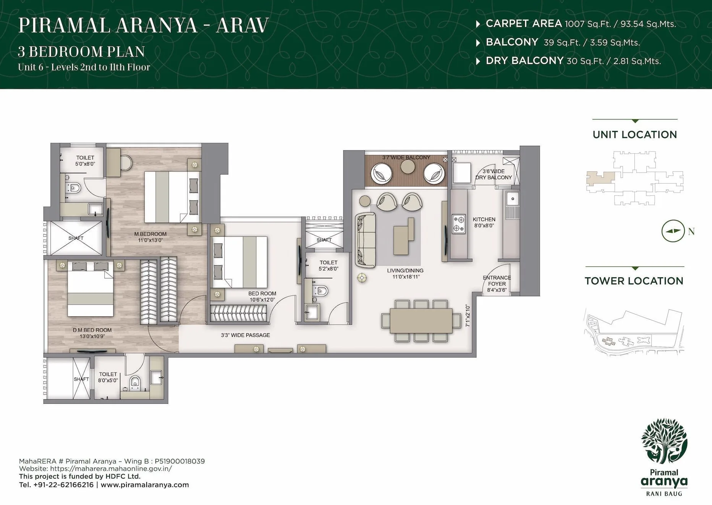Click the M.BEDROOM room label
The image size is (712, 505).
[x=150, y=234]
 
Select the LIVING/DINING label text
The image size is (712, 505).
[x=405, y=271]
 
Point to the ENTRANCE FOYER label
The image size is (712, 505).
[x=497, y=281]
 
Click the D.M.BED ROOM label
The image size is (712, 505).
[x=92, y=330]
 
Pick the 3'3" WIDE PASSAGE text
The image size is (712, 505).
[x=245, y=335]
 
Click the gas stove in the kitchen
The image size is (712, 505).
[x=459, y=224]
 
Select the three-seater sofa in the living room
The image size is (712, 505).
[x=366, y=240]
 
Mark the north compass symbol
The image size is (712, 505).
[x=673, y=231]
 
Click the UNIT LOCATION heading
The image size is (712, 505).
[x=634, y=135]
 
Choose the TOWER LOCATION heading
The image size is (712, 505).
[x=634, y=281]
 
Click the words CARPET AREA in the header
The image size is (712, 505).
[x=523, y=24]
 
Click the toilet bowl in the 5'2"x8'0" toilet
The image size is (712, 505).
[x=321, y=291]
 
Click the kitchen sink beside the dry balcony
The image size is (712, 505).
[x=512, y=199]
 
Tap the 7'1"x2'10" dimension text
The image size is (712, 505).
[x=468, y=316]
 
